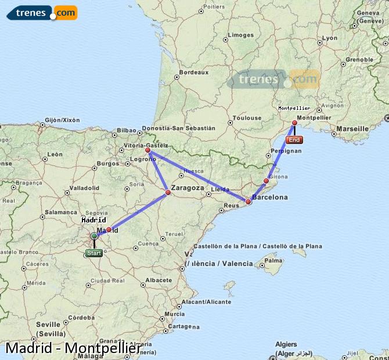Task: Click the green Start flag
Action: [x=93, y=253]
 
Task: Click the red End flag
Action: [x=294, y=140]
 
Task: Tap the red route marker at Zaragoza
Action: [x=168, y=192]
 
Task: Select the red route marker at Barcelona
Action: [x=248, y=202]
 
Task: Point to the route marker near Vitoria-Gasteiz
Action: [x=148, y=150]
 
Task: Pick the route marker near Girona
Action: [x=266, y=181]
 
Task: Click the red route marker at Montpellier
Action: [x=295, y=123]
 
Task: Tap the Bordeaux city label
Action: [x=194, y=73]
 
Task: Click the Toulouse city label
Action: [x=247, y=118]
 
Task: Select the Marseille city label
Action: [x=352, y=128]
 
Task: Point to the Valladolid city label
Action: [x=84, y=188]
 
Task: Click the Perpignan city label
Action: [x=286, y=151]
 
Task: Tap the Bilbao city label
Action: [x=126, y=131]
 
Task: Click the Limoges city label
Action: [x=241, y=35]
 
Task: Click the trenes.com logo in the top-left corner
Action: [x=42, y=12]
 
